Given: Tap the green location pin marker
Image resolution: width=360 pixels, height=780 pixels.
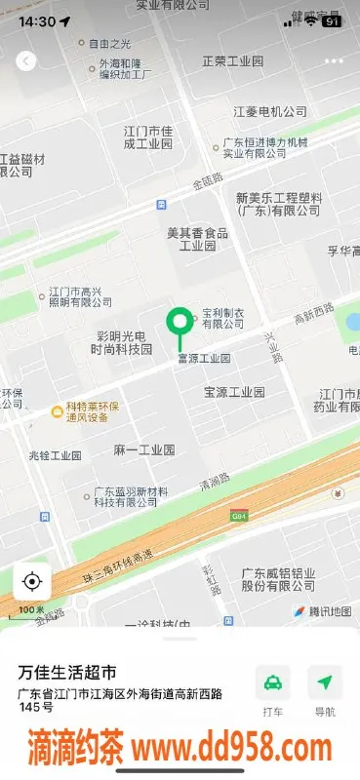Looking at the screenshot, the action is coord(179,322).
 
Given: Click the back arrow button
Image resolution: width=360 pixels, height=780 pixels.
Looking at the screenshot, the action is coord(26,60).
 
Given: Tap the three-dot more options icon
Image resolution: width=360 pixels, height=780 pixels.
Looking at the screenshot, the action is coord(334,60).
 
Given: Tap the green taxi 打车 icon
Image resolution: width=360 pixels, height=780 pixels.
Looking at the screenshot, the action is coord(273,682).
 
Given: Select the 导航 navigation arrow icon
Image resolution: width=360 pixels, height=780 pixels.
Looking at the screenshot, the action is coord(325,682).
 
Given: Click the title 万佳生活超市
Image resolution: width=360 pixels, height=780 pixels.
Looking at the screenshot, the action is coord(68,673).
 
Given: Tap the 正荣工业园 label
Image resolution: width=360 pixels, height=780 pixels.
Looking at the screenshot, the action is coord(232,61).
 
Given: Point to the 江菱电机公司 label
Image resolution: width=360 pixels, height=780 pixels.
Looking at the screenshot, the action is coord(269,112).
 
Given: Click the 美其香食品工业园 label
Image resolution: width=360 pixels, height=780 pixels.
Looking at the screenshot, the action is coord(197,239).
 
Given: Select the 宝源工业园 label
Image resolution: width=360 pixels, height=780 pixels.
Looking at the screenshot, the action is coord(234,392).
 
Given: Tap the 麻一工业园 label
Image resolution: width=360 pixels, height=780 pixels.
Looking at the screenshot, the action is coord(143,449).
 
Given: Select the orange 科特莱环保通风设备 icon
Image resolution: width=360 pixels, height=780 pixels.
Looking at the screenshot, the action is coord(58,412).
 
